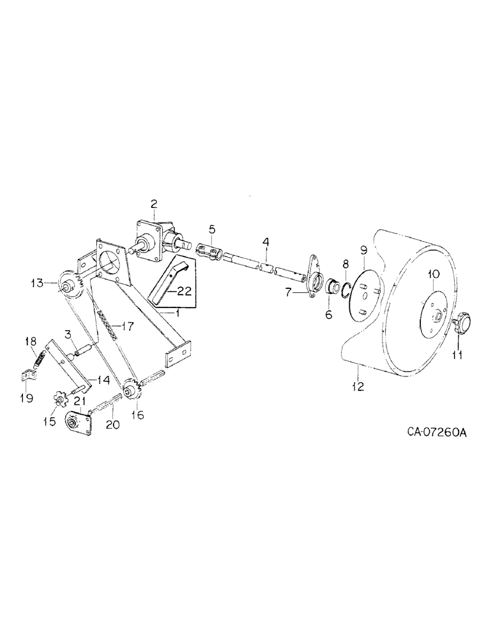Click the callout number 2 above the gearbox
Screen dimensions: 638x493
pos(154,204)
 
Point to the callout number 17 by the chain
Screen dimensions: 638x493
pos(128,327)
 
